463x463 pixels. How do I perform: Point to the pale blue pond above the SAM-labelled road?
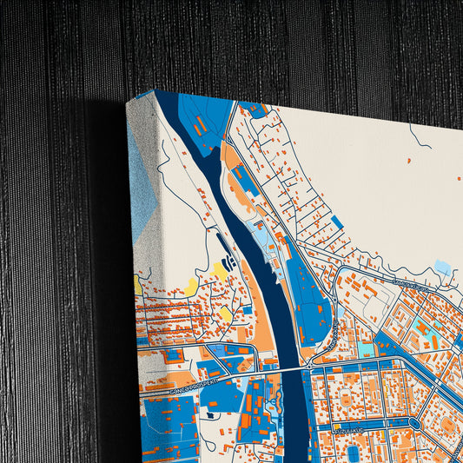pos(442,267)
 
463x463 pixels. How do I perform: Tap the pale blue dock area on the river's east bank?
pos(261,235)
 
